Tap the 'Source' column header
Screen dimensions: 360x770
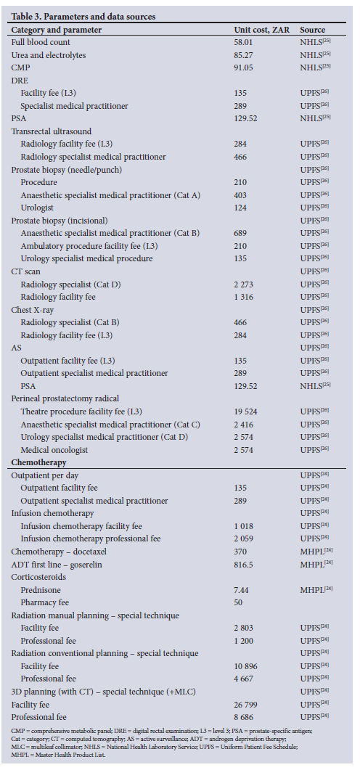(312, 30)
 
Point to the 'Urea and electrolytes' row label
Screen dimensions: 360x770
(48, 55)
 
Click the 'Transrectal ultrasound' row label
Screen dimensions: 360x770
(52, 131)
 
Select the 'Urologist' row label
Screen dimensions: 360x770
(36, 207)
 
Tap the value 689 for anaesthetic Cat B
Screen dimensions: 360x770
(241, 232)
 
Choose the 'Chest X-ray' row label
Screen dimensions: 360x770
(31, 308)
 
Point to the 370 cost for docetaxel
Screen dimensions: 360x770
(241, 552)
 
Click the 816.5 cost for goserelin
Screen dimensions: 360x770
(244, 564)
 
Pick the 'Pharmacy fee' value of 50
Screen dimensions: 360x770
(239, 602)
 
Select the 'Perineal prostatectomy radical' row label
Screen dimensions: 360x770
(65, 398)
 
